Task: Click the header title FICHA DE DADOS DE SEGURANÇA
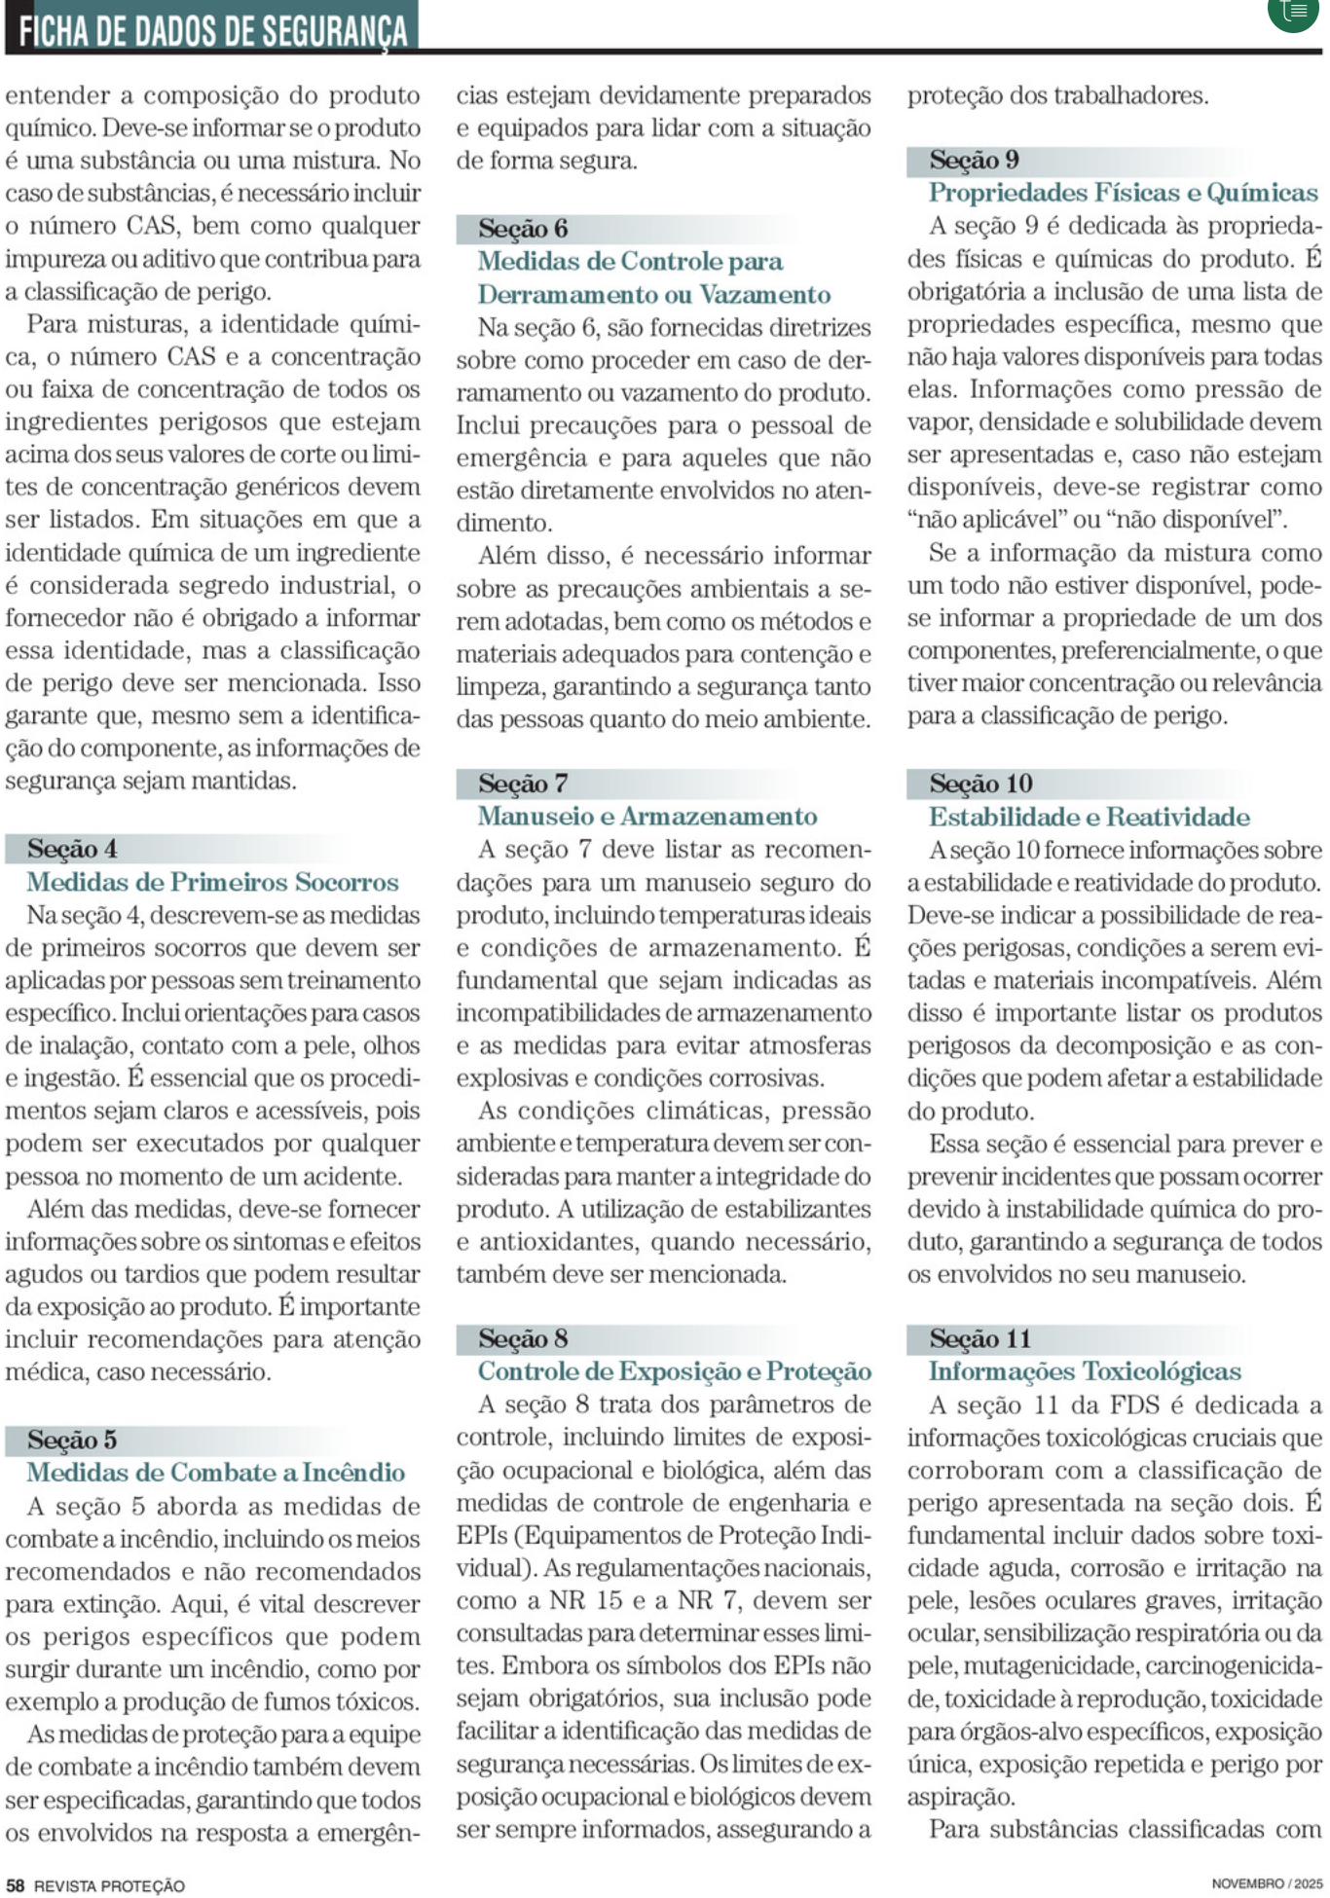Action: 211,27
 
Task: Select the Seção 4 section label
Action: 72,849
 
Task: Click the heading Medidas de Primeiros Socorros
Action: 212,882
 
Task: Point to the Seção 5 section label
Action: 72,1440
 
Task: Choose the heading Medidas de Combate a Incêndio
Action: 215,1473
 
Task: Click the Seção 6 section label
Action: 523,229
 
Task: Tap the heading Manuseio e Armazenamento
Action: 647,817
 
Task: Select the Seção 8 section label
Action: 523,1339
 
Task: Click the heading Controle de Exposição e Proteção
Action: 674,1371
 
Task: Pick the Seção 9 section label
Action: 974,160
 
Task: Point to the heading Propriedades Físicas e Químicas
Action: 1123,193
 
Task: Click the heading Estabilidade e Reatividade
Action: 1089,817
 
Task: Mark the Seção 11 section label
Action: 979,1339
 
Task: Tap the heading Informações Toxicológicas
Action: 1084,1371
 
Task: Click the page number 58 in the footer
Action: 16,1885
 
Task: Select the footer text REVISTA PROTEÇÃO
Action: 109,1885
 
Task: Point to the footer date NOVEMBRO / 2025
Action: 1266,1884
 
